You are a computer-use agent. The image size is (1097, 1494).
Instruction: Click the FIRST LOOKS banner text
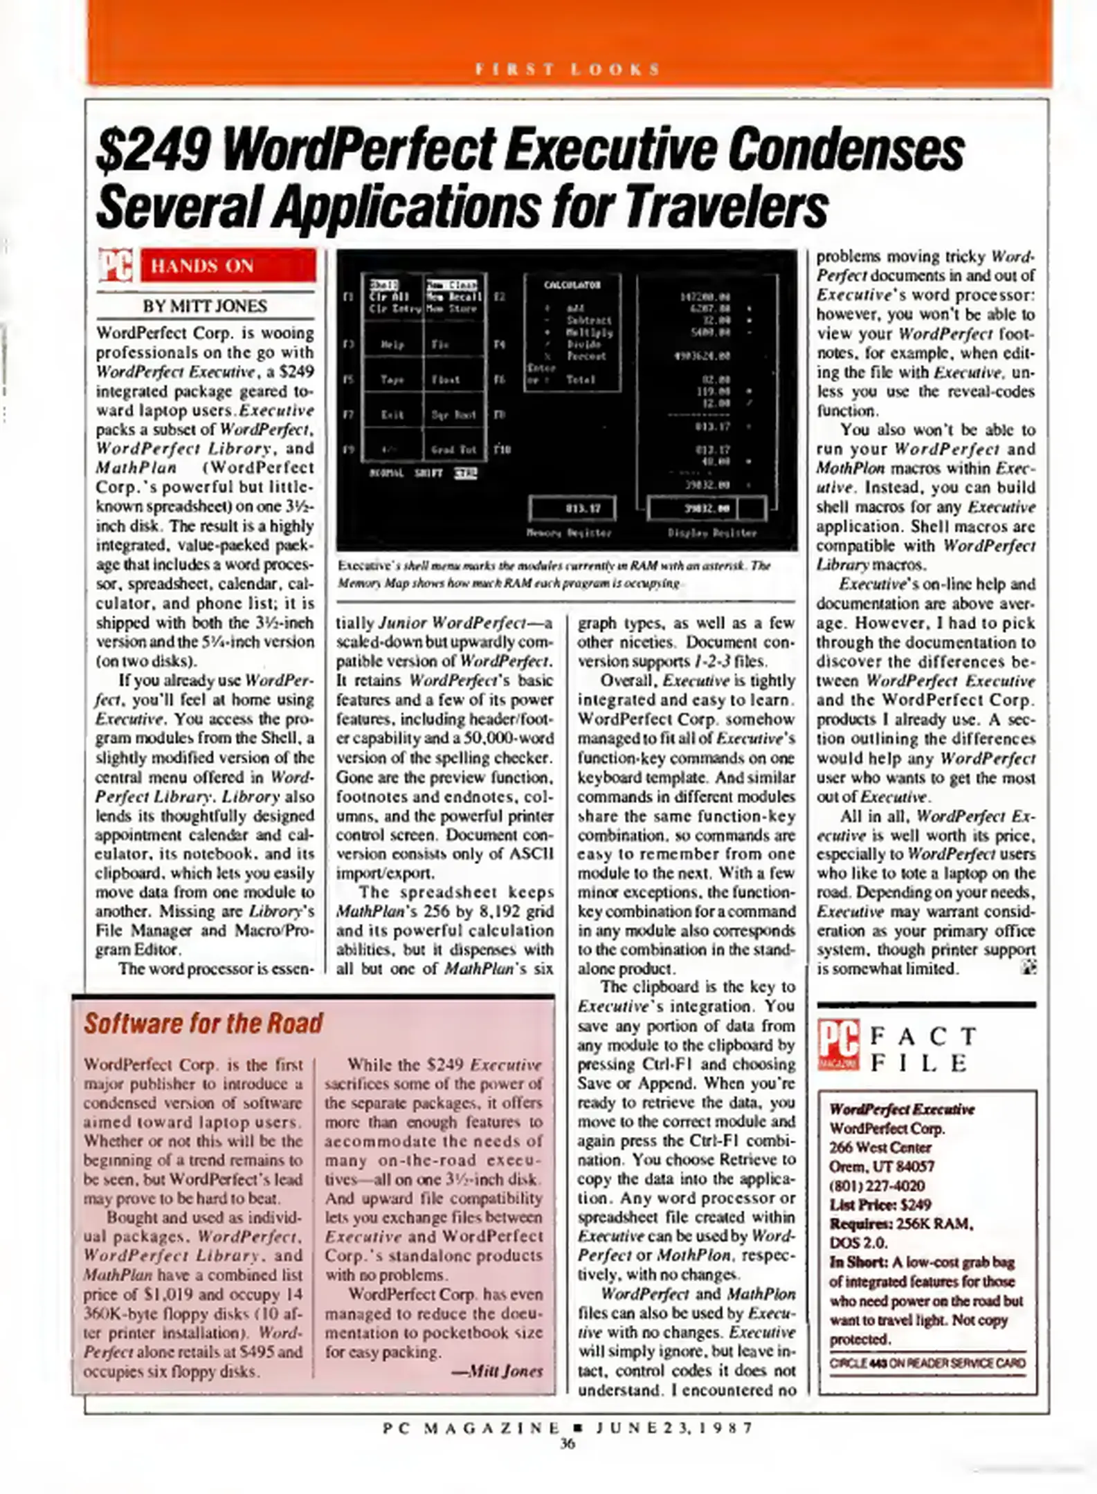tap(568, 69)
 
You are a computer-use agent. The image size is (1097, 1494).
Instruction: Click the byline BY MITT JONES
tap(205, 306)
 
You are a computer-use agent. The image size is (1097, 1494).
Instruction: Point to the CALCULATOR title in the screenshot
tap(572, 285)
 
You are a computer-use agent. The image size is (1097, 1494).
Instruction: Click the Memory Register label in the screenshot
tap(569, 533)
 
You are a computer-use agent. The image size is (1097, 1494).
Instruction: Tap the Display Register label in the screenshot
tap(711, 533)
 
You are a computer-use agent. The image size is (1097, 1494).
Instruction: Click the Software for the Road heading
tap(203, 1023)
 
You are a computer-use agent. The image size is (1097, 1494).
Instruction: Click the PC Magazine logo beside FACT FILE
tap(838, 1045)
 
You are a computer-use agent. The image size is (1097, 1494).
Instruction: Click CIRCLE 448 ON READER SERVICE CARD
tap(927, 1363)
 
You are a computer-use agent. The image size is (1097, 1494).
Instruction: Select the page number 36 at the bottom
tap(567, 1444)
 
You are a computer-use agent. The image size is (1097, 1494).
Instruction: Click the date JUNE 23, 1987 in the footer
tap(673, 1428)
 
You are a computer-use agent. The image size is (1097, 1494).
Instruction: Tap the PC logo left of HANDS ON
tap(115, 266)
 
